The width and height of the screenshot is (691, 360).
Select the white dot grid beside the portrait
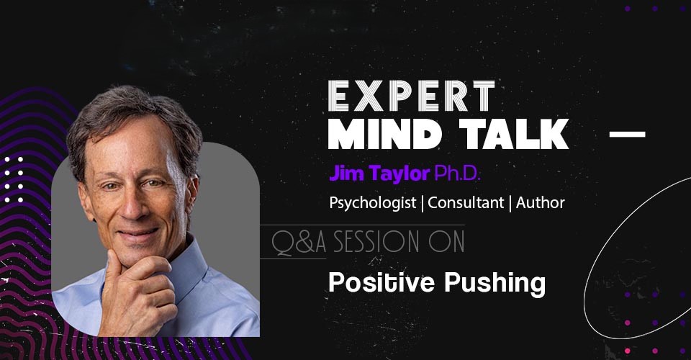tap(13, 179)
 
